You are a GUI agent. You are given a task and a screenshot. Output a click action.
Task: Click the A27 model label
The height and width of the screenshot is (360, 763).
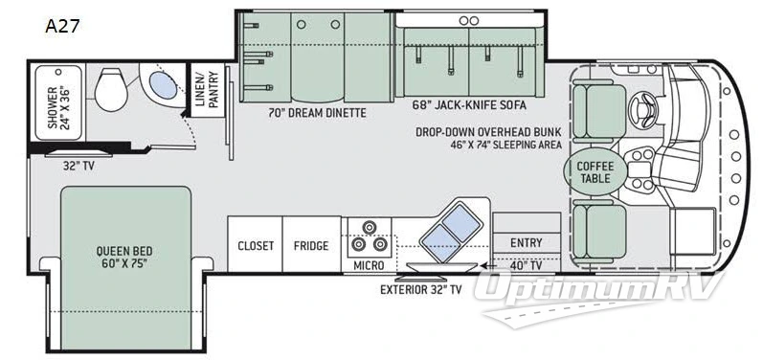61,26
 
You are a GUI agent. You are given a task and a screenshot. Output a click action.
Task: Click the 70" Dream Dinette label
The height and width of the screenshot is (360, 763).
317,112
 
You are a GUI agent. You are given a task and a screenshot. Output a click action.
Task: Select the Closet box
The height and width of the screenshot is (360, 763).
257,246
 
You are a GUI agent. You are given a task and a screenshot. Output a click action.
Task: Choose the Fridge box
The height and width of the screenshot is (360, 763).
312,246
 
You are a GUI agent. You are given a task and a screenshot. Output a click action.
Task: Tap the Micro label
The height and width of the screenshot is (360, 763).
369,263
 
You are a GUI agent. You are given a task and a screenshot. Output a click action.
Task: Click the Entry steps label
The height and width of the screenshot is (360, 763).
526,242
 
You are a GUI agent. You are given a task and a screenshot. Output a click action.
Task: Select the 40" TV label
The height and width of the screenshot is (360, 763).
527,264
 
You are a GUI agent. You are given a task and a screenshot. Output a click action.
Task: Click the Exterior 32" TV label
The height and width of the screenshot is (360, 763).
420,288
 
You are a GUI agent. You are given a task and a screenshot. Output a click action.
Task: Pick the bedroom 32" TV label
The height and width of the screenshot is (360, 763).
79,165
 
